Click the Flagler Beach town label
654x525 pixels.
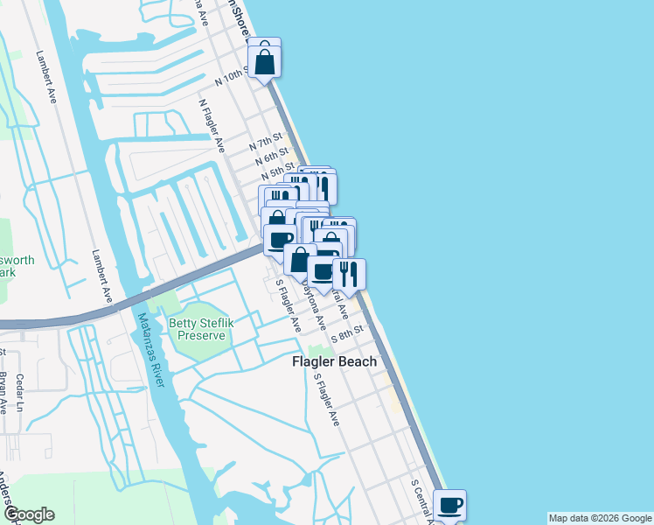click(x=334, y=361)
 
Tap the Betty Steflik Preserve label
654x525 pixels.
click(x=204, y=328)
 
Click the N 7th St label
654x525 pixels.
click(x=267, y=141)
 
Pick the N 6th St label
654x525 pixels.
click(x=272, y=157)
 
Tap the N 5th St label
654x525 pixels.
click(x=276, y=171)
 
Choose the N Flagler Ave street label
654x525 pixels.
click(x=213, y=123)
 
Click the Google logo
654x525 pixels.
click(x=29, y=514)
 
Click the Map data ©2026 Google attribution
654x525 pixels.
click(x=600, y=518)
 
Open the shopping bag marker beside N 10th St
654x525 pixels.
click(x=264, y=60)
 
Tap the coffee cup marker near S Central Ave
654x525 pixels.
click(x=449, y=506)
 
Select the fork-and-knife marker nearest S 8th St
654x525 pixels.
click(x=348, y=274)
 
